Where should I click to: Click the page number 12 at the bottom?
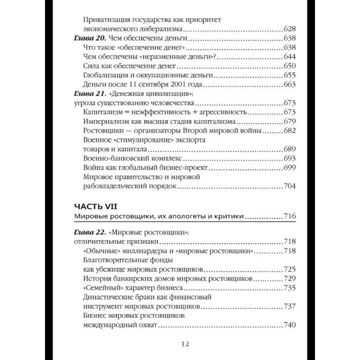[180, 344]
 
